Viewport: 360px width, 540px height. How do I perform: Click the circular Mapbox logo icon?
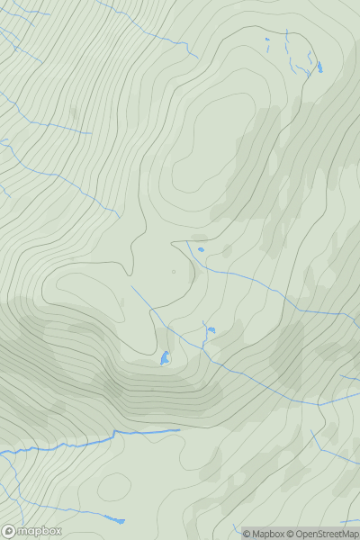9,531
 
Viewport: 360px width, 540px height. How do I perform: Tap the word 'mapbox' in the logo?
40,531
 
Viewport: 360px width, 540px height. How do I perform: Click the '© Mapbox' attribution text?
264,534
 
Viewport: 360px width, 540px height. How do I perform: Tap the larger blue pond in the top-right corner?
319,67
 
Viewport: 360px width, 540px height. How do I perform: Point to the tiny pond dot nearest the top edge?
267,39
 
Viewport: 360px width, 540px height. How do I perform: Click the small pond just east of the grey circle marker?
201,249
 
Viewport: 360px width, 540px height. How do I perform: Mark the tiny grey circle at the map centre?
174,271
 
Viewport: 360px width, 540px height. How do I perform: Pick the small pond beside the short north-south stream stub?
211,330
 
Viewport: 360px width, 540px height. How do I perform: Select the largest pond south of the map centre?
165,358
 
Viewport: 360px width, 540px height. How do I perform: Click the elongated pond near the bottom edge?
114,519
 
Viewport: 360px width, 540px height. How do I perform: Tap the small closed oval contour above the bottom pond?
113,487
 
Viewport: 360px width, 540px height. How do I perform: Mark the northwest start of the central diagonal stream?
131,287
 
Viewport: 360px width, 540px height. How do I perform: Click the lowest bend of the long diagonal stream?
319,405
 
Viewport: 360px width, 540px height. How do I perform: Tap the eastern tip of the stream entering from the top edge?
196,56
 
